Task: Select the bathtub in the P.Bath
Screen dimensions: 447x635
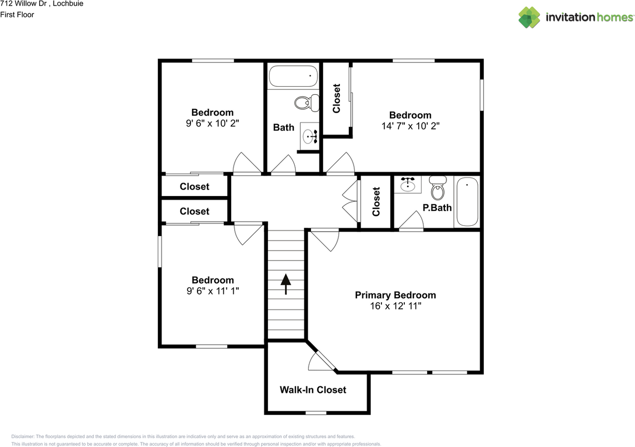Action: pos(466,202)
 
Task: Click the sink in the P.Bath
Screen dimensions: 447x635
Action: pos(408,185)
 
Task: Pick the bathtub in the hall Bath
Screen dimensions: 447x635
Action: pos(293,77)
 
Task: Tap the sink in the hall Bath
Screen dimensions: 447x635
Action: pos(311,136)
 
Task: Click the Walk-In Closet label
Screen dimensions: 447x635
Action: pos(313,389)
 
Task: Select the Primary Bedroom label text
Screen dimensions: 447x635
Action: pos(395,295)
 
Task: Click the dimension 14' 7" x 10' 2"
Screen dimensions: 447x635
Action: pos(410,126)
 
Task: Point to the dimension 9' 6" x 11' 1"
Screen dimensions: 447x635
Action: pos(212,291)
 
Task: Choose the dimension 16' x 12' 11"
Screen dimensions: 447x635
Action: pos(395,307)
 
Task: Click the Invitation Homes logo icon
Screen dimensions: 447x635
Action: pos(529,17)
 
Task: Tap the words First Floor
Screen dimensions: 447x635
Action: pos(17,14)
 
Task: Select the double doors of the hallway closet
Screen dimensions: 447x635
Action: pos(351,201)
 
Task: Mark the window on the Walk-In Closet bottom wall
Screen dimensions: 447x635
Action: pos(316,413)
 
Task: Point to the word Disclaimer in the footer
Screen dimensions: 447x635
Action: pos(22,436)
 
